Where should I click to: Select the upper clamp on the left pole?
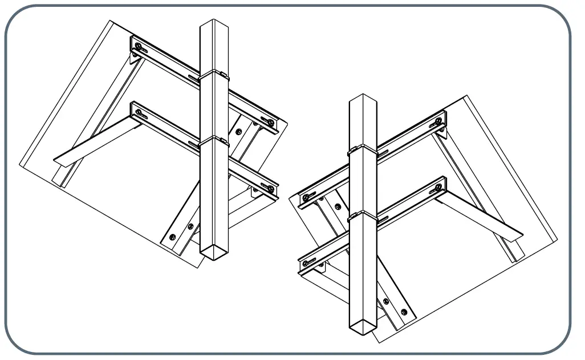[214, 74]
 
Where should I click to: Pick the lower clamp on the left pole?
[214, 140]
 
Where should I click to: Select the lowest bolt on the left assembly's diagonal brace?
[173, 236]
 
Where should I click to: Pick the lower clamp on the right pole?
[363, 216]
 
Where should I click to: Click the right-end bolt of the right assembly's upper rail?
[438, 122]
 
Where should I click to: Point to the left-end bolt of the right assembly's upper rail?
[306, 197]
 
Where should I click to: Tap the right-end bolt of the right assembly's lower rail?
[438, 187]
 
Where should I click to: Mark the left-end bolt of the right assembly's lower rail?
[306, 262]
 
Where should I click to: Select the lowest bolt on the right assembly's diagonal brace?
[404, 312]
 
